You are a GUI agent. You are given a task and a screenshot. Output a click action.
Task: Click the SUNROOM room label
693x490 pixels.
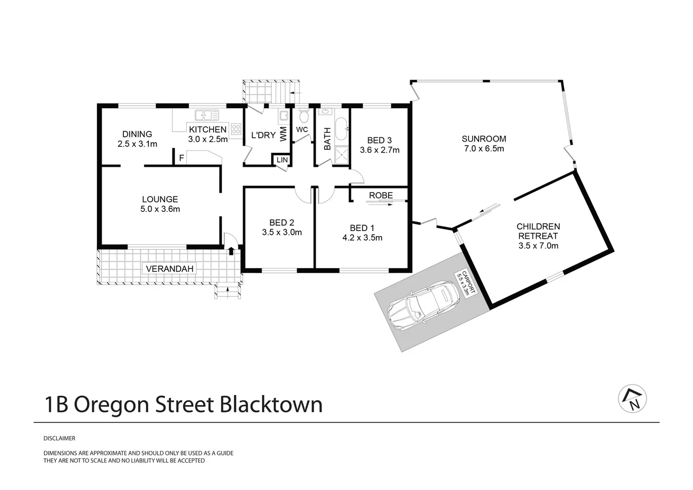[x=483, y=139]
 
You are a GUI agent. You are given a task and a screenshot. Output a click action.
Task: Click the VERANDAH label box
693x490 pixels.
[x=170, y=269]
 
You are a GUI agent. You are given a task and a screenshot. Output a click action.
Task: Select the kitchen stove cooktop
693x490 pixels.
[x=236, y=129]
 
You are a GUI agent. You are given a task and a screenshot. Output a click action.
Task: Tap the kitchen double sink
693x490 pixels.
[x=207, y=115]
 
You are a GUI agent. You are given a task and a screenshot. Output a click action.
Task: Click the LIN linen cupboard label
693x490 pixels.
[x=282, y=160]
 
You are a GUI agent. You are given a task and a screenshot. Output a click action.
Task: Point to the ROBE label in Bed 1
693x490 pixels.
[x=381, y=196]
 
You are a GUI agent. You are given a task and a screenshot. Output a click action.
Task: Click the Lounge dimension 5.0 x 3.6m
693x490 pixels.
[x=160, y=209]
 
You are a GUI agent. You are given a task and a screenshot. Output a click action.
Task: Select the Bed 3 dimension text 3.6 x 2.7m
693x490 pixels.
[x=380, y=150]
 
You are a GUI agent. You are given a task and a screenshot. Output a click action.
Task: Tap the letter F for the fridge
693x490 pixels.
[x=181, y=158]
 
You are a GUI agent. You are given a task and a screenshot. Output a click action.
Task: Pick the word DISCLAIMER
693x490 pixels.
[x=59, y=439]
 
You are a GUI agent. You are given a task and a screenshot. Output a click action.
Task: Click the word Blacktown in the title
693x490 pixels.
[x=271, y=404]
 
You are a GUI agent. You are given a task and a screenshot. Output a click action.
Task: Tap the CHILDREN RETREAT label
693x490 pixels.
[x=538, y=231]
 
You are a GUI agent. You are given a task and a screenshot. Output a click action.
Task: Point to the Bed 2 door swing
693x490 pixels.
[x=302, y=194]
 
